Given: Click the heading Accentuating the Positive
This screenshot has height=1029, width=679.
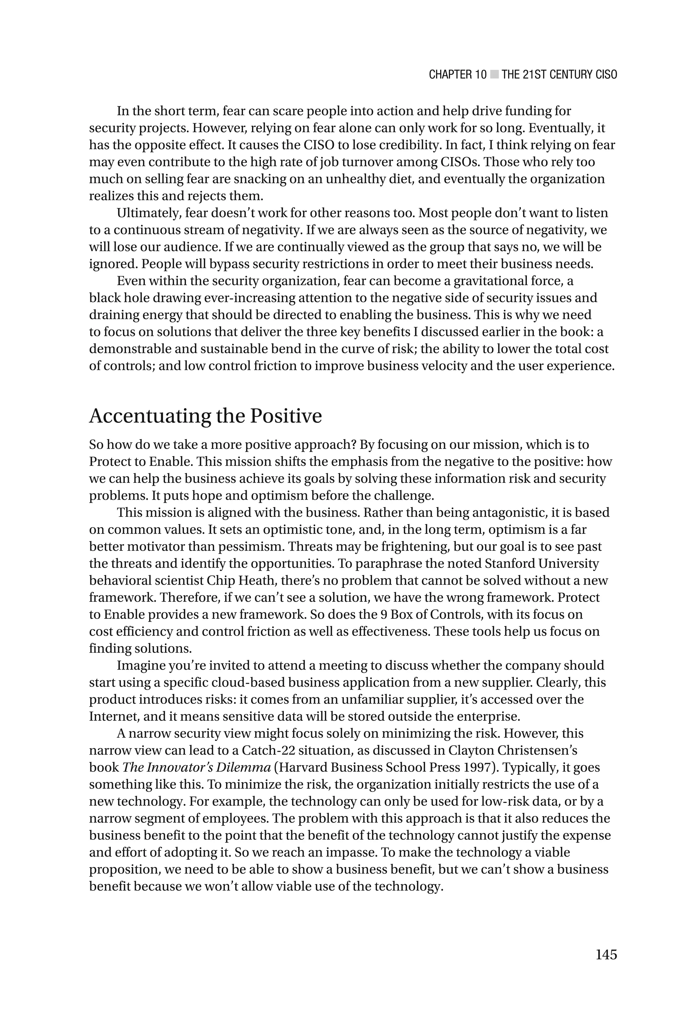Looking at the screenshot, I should coord(205,416).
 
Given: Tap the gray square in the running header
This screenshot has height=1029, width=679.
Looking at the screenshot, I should coord(494,75).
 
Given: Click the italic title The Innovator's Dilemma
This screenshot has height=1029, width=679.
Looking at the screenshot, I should coord(196,767).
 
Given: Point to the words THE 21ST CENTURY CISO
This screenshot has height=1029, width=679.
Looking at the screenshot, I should coord(559,75).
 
